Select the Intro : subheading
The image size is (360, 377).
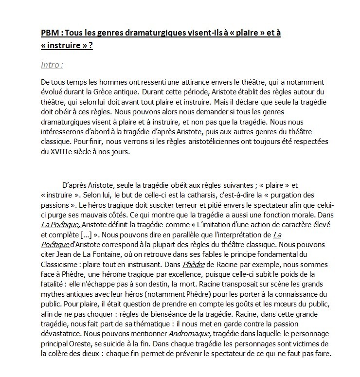[x=52, y=65]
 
